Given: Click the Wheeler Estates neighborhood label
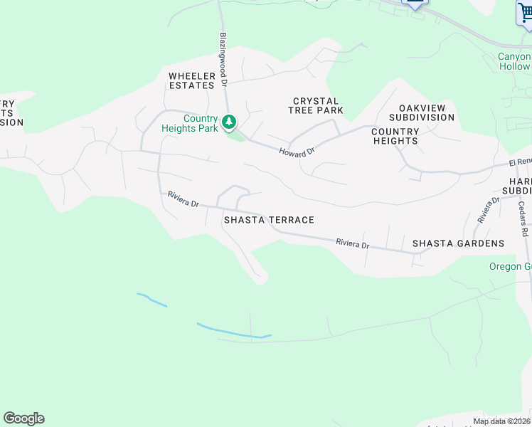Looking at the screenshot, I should [x=191, y=80].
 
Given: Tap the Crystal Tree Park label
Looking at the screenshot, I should [x=316, y=105].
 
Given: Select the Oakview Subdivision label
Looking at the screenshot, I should [x=417, y=112].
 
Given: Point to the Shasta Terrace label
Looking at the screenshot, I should [x=269, y=220].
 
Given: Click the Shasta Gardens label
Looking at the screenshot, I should [x=459, y=243].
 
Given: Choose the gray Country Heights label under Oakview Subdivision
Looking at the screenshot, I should [x=395, y=136].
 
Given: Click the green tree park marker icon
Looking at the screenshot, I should [x=229, y=123].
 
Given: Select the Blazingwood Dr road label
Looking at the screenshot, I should [x=223, y=59].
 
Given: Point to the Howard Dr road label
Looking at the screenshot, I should [x=297, y=152].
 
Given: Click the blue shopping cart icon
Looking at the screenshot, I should [x=524, y=13].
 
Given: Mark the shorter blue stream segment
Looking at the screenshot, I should [x=151, y=300].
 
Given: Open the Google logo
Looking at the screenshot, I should [x=23, y=418].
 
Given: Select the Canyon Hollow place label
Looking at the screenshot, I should [x=514, y=61].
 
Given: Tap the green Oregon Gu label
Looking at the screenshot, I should [x=510, y=267].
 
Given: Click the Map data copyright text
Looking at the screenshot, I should [x=501, y=421].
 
